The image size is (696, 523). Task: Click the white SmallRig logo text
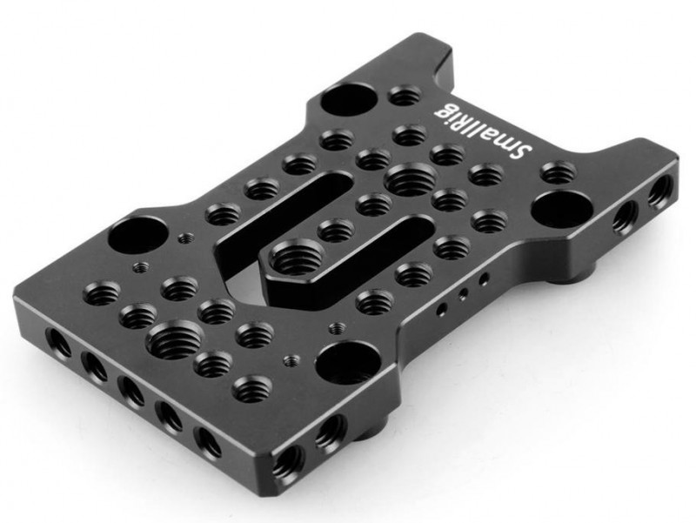point(483,131)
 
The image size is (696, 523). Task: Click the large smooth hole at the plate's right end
point(561,207)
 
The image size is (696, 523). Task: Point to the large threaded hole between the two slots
point(411,178)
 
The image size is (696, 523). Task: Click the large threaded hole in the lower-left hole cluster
point(174,339)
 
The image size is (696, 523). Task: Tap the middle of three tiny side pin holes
point(464,293)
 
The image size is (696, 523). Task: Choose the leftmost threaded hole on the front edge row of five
point(57,342)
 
